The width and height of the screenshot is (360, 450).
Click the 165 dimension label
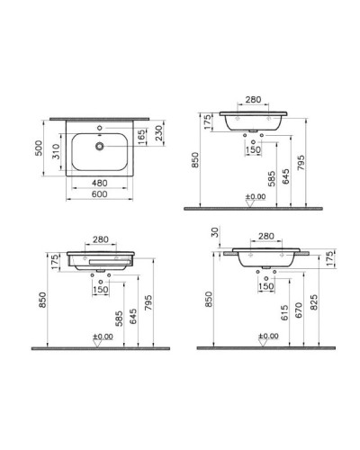(x=141, y=137)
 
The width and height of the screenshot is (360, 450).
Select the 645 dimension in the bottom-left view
(x=133, y=313)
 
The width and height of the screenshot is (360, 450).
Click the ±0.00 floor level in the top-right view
(x=256, y=196)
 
